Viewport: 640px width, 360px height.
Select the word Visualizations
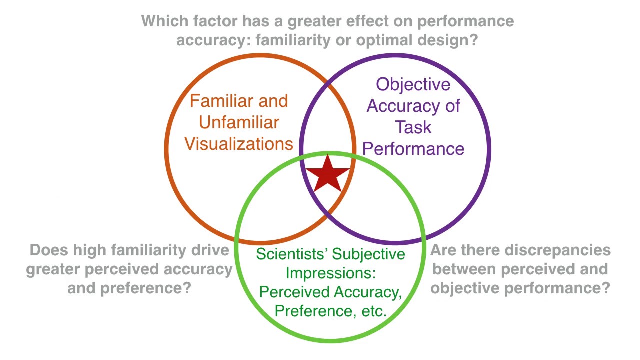[239, 144]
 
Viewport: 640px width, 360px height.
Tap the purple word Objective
[413, 84]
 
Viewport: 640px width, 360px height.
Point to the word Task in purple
[413, 127]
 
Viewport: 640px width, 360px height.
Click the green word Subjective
[369, 254]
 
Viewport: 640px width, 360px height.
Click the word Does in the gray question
[49, 250]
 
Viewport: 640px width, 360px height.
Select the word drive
[213, 250]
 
